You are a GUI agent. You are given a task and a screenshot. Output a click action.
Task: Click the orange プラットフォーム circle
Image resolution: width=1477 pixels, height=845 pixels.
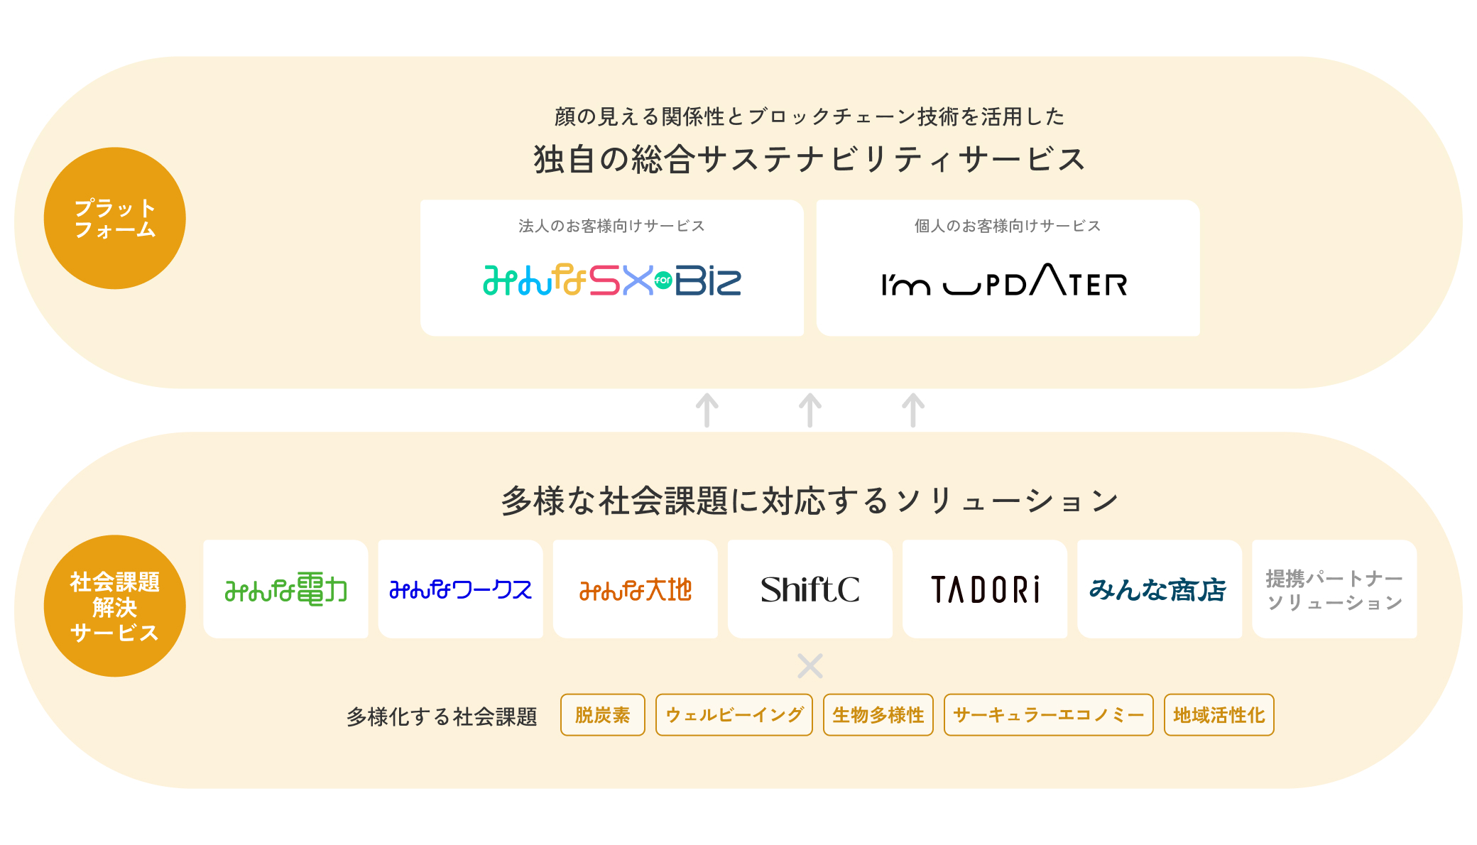click(x=114, y=218)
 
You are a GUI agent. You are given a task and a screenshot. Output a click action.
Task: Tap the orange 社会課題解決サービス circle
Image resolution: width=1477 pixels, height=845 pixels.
click(x=114, y=606)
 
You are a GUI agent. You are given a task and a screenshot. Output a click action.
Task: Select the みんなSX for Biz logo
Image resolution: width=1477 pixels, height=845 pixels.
click(x=611, y=280)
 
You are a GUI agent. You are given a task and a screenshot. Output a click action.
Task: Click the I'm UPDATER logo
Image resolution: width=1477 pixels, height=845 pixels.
click(x=1004, y=281)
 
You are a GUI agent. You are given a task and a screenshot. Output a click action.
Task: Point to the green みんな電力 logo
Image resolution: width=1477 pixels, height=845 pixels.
click(x=285, y=589)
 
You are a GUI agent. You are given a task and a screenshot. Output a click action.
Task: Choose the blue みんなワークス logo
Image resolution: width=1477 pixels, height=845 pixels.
click(x=460, y=589)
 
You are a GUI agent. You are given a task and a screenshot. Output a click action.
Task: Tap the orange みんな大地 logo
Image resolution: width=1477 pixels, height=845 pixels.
click(x=635, y=589)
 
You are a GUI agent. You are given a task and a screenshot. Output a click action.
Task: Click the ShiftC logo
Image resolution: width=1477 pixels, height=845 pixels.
click(x=810, y=589)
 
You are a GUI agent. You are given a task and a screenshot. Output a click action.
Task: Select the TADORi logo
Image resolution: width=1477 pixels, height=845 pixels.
click(x=985, y=589)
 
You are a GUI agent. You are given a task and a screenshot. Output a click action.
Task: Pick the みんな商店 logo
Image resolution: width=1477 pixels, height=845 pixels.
click(x=1159, y=589)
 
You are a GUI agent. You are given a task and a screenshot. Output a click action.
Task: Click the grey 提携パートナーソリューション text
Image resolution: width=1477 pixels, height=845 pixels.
click(x=1334, y=590)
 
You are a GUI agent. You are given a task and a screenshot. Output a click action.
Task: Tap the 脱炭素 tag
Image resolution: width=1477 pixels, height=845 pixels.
click(x=602, y=715)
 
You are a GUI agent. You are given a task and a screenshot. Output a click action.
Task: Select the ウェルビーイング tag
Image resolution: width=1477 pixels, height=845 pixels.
click(x=734, y=715)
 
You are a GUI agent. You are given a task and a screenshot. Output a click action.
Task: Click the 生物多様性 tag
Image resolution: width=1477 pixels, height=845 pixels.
click(x=878, y=715)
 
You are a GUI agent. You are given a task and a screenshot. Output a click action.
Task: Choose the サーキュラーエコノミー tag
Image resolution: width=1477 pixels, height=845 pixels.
click(x=1048, y=715)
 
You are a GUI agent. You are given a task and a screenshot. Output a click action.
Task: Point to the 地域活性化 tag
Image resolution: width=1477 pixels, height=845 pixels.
click(x=1219, y=715)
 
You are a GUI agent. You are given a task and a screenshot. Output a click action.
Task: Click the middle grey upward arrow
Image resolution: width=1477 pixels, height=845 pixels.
click(x=810, y=410)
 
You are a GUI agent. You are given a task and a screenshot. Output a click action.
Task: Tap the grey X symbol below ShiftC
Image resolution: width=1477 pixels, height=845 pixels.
click(x=810, y=666)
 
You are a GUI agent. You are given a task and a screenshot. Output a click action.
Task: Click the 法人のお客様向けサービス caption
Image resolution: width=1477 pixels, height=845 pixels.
click(x=611, y=226)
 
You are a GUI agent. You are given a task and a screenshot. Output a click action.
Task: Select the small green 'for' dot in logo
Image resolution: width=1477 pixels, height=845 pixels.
click(x=663, y=280)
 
